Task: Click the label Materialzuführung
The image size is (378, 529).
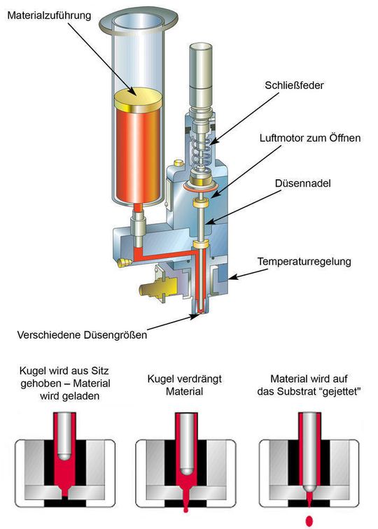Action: point(49,16)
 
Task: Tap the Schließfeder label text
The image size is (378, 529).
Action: point(294,85)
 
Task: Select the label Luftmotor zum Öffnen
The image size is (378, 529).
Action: point(310,138)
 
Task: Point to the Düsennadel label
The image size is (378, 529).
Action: point(302,183)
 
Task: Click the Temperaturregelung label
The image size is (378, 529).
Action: point(304,262)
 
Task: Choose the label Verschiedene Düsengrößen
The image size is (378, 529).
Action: point(82,335)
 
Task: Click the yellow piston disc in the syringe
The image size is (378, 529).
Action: point(139,99)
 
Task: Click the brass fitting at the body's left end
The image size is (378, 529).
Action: point(123,262)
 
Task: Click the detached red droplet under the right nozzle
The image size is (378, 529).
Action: point(309,521)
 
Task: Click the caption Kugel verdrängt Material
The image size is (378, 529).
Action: point(185,385)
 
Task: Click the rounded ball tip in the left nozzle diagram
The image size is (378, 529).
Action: point(64,457)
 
